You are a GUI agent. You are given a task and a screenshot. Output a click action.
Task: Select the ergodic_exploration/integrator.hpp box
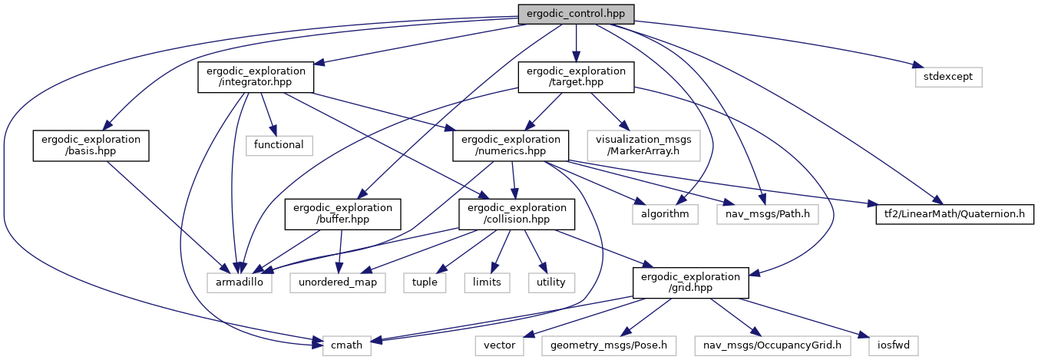coord(256,78)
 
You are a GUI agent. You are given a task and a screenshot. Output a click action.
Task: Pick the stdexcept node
coord(948,77)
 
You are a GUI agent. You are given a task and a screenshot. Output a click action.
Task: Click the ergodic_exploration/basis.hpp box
coord(90,146)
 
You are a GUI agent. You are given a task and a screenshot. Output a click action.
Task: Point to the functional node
coord(279,144)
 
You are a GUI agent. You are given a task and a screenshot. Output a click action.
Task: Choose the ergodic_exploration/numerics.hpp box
coord(511,146)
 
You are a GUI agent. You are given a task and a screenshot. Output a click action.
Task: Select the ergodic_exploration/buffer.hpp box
coord(342,214)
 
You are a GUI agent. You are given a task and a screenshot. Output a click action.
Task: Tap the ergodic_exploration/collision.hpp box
coord(515,214)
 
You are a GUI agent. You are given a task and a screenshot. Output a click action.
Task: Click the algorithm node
coord(665,213)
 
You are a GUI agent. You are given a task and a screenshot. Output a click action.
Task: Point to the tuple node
coord(424,282)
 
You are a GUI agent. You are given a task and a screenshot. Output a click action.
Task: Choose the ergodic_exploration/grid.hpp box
coord(689,282)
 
